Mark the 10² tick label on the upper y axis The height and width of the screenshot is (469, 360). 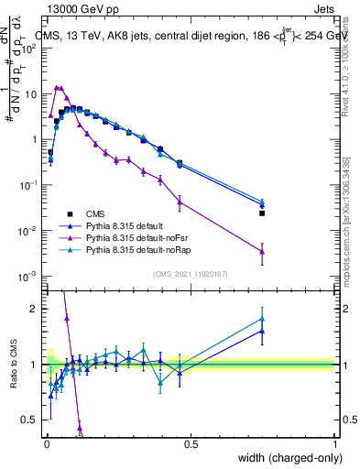[x=30, y=49]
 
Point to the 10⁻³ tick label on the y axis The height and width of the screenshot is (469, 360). [x=30, y=276]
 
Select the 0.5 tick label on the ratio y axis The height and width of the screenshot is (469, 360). [x=32, y=420]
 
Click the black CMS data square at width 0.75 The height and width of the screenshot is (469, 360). [x=262, y=213]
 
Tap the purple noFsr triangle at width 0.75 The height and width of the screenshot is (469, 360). [x=262, y=251]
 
